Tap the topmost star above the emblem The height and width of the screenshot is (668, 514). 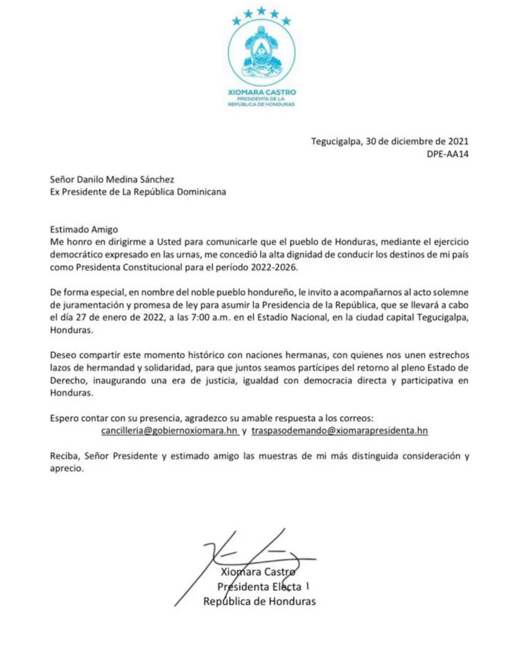261,11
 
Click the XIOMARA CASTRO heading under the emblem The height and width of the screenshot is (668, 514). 261,92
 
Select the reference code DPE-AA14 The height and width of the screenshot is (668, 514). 447,154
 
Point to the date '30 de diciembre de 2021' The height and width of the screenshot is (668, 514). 417,141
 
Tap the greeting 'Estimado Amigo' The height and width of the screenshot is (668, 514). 84,229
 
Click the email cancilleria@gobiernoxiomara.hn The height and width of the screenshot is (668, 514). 169,431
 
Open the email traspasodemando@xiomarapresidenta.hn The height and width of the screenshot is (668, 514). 339,431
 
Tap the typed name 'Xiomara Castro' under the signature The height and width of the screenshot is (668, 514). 258,572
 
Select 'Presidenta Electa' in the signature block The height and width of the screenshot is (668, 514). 259,587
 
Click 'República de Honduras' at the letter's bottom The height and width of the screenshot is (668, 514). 259,601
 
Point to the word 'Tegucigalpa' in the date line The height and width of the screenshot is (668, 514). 335,141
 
